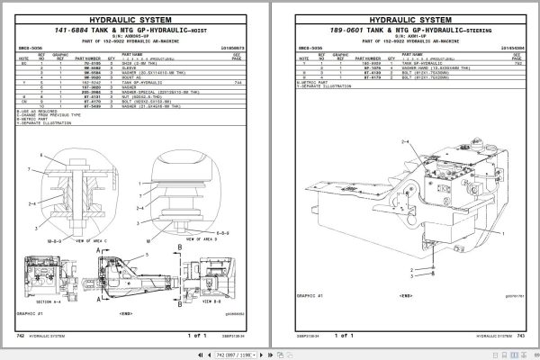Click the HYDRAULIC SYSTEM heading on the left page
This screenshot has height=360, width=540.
point(136,16)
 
